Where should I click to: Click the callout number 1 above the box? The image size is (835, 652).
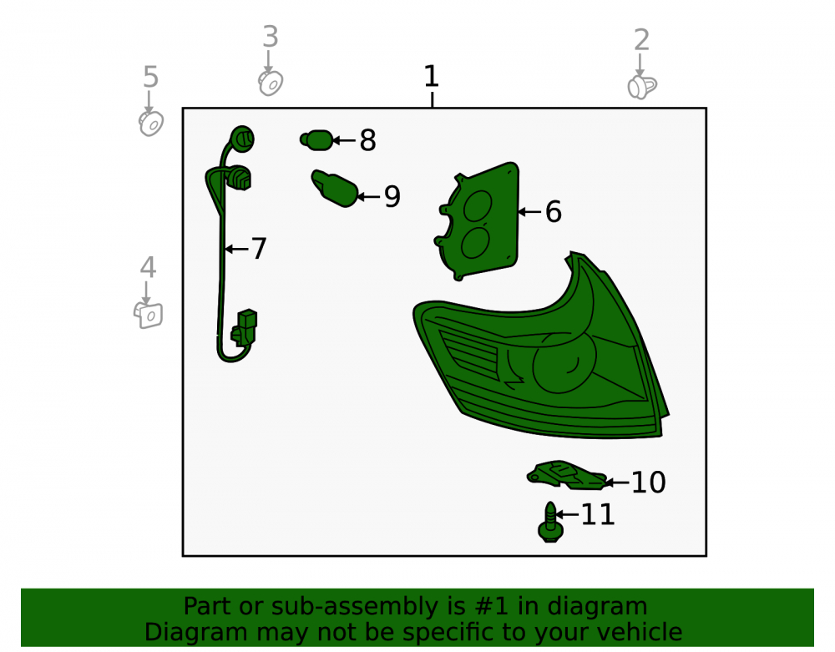click(432, 76)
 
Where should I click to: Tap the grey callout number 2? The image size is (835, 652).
click(641, 40)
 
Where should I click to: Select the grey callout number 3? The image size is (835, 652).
click(271, 37)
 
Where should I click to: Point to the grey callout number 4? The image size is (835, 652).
click(148, 267)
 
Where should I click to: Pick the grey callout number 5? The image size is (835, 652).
click(150, 77)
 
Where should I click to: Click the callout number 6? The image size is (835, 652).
click(554, 211)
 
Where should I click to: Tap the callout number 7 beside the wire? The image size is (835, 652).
click(259, 249)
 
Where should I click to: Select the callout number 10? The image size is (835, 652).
click(648, 483)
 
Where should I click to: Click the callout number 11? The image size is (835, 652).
click(598, 515)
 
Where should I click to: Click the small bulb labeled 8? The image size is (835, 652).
click(316, 140)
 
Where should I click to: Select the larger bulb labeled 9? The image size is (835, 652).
click(335, 188)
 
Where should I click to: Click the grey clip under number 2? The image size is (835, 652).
click(641, 88)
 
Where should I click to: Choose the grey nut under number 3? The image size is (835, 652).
click(271, 83)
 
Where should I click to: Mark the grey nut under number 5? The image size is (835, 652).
click(151, 124)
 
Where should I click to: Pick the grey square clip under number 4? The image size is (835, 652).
click(148, 315)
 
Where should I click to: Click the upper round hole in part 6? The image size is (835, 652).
click(477, 206)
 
